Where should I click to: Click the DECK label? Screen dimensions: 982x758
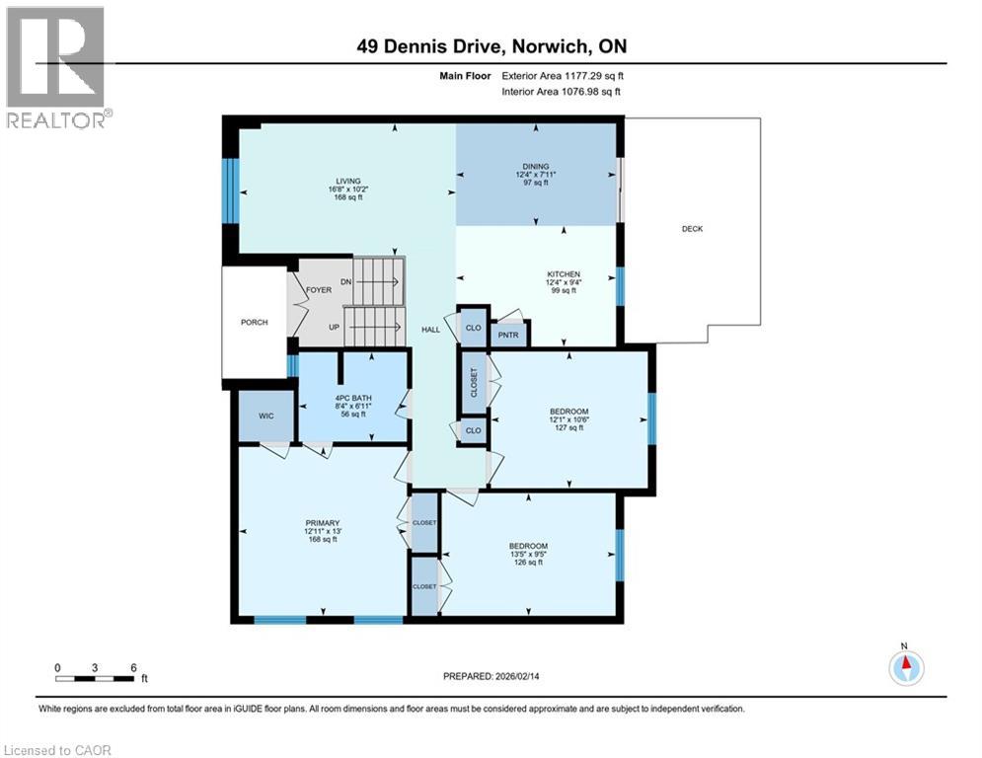[x=692, y=229]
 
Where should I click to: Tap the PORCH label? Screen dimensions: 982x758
[x=255, y=322]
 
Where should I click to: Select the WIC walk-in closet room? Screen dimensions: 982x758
[x=266, y=416]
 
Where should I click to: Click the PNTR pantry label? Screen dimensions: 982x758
[x=508, y=336]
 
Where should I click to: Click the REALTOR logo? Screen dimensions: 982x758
[x=57, y=67]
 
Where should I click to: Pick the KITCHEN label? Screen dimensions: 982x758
[x=564, y=274]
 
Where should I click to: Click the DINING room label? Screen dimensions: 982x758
[x=536, y=167]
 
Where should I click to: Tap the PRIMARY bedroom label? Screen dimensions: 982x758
[x=323, y=523]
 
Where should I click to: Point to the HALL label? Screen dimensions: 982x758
[x=431, y=330]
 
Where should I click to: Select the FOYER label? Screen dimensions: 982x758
[x=319, y=290]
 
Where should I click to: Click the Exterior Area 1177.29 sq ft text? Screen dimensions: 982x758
[x=563, y=76]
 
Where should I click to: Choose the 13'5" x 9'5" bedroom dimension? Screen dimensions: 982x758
[x=529, y=555]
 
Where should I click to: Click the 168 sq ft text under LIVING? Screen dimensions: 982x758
[x=348, y=197]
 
